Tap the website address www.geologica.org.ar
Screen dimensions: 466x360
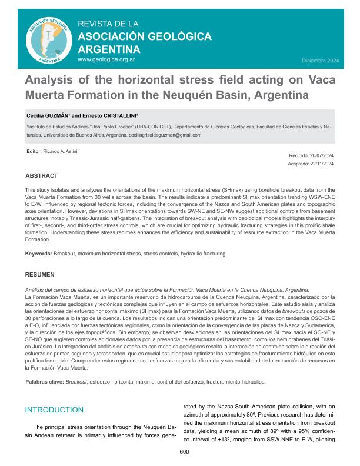[x=106, y=59]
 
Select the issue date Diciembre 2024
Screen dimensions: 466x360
[x=320, y=61]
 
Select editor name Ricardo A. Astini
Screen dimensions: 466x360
[x=61, y=152]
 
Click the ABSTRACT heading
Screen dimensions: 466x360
[x=41, y=176]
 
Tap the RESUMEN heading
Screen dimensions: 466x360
[x=40, y=274]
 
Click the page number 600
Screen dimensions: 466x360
[x=184, y=451]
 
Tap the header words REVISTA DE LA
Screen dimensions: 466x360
[x=108, y=24]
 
